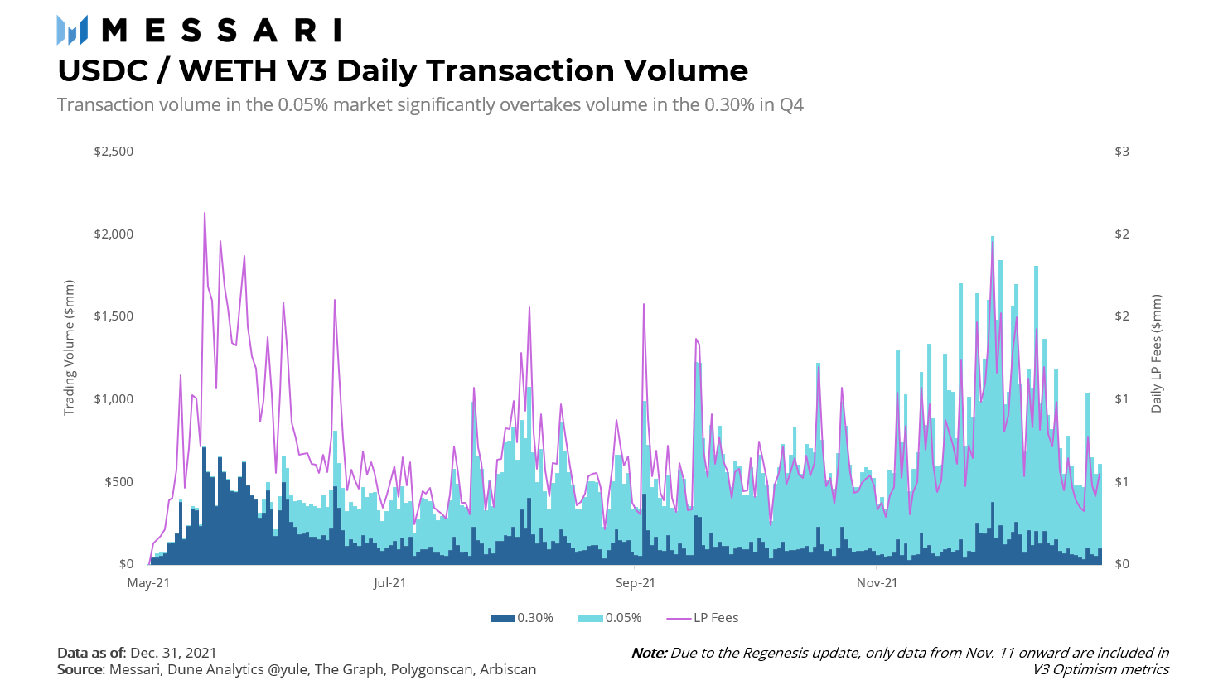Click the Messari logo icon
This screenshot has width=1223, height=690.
tap(72, 31)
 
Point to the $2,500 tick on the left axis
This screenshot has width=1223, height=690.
tap(114, 152)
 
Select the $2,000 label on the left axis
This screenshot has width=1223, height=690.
tap(114, 234)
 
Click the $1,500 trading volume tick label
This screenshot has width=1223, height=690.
tap(114, 316)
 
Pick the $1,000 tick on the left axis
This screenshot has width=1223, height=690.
tap(114, 399)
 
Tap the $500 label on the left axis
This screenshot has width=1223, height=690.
tap(118, 482)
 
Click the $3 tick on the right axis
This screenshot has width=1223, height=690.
tap(1122, 152)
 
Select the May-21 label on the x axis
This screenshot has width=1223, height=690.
tap(148, 583)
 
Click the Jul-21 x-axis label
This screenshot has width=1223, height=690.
tap(389, 583)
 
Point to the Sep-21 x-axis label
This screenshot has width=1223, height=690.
tap(636, 583)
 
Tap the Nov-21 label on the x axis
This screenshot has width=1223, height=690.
tap(877, 583)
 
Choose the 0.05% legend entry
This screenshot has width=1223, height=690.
tap(611, 618)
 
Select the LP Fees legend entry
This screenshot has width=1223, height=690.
tap(703, 618)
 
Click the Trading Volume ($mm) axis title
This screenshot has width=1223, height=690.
tap(70, 348)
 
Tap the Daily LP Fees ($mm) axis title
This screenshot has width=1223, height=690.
tap(1156, 354)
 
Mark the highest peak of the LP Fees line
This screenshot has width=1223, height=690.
tap(205, 214)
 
